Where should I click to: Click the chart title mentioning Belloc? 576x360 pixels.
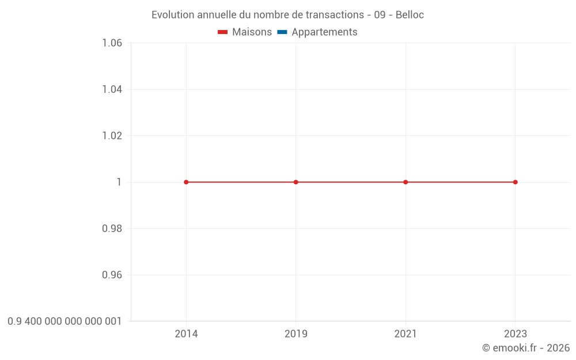[287, 15]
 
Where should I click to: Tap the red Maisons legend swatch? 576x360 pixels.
[223, 32]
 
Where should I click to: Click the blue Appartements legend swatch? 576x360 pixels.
[282, 32]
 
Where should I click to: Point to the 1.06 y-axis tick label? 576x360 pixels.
[112, 43]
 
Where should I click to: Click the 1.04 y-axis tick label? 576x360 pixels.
[112, 89]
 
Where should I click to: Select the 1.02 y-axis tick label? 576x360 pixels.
[112, 136]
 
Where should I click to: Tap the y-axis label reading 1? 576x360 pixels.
[119, 182]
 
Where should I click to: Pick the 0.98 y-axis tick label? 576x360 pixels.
[112, 229]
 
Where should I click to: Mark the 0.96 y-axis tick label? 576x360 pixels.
[112, 275]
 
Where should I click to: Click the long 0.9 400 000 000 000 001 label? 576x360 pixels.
[65, 321]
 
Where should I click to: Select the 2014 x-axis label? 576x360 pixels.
[186, 334]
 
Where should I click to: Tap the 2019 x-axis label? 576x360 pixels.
[296, 334]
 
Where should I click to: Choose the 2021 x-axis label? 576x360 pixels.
[406, 334]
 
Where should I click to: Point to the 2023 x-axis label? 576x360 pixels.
[515, 334]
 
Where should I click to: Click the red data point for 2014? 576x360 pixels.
[186, 182]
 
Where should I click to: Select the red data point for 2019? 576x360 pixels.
[296, 182]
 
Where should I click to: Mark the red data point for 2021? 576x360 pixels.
[406, 182]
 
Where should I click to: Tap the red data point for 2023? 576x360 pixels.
[515, 182]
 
